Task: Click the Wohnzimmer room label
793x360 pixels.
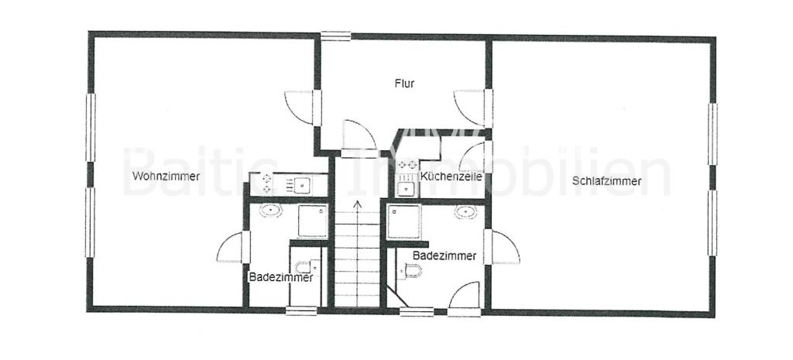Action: click(x=166, y=177)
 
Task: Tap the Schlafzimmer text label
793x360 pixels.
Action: click(x=607, y=180)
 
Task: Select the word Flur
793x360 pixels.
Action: click(x=404, y=84)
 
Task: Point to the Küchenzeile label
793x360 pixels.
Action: click(x=451, y=177)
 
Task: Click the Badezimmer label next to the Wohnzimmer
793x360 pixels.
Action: click(x=281, y=277)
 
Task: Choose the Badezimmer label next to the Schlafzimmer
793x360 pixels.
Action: click(x=445, y=255)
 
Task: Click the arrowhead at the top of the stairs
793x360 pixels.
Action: click(x=358, y=204)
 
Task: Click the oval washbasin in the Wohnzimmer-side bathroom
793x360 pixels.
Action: click(x=271, y=211)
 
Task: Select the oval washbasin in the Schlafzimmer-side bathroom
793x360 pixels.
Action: click(x=465, y=211)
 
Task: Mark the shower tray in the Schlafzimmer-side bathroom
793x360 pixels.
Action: click(x=403, y=221)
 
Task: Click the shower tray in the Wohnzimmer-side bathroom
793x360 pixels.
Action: click(x=313, y=221)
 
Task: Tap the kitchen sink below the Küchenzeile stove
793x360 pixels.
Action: click(x=406, y=189)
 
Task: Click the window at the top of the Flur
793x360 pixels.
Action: click(x=336, y=36)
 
